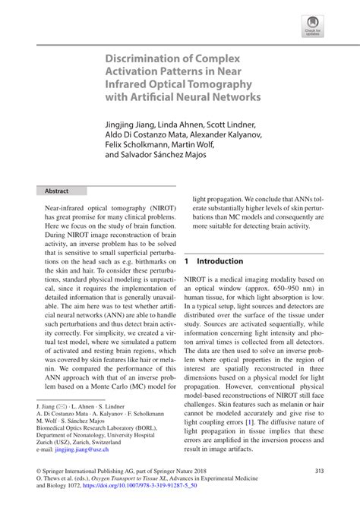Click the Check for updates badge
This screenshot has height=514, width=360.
click(313, 27)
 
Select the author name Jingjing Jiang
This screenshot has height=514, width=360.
click(133, 124)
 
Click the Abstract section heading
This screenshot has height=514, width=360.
click(57, 191)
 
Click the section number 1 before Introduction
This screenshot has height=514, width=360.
click(186, 260)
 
